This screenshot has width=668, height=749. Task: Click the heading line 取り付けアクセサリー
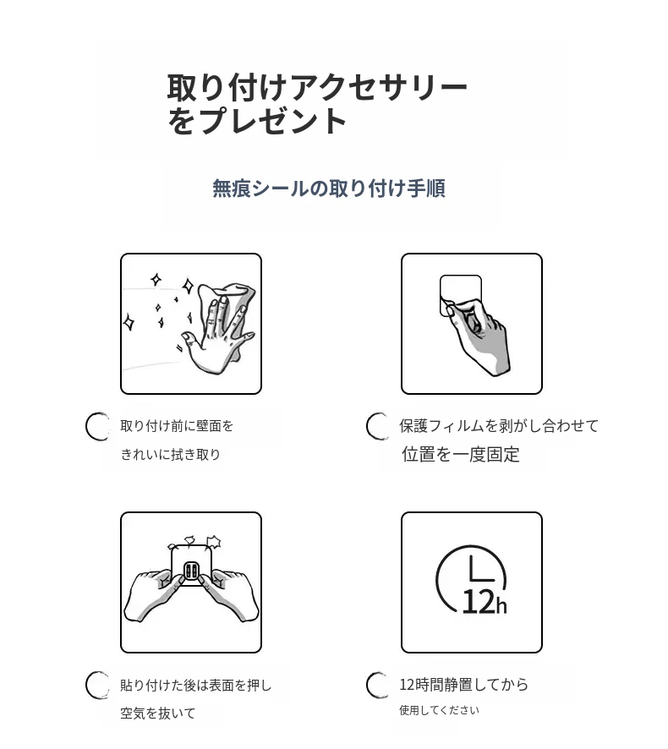click(317, 87)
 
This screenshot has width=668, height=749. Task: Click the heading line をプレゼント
click(256, 120)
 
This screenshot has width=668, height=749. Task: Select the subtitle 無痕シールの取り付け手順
click(329, 188)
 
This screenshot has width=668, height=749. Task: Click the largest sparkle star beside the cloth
click(189, 286)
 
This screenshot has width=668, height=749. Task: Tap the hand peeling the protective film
click(479, 336)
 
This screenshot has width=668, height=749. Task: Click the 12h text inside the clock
click(484, 602)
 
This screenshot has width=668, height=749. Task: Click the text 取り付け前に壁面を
click(177, 425)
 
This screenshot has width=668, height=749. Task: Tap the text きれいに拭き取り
click(170, 454)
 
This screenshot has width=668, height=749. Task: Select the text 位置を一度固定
click(460, 454)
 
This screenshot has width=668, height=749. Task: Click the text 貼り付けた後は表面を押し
click(195, 685)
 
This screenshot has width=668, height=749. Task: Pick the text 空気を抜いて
click(157, 713)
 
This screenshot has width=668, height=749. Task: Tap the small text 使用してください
click(439, 710)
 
